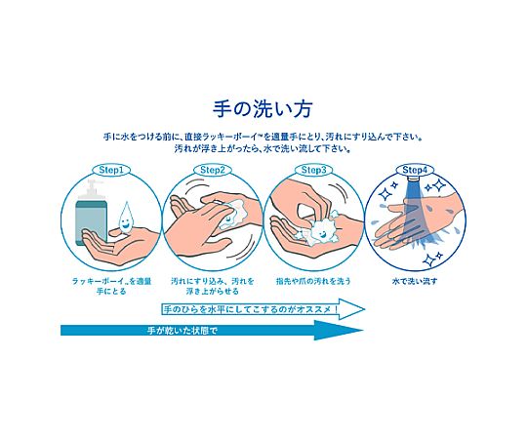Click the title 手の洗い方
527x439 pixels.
click(263, 108)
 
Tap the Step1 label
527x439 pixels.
click(111, 170)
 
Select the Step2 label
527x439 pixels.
click(213, 170)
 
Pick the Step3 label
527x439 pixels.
click(313, 170)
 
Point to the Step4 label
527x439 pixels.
click(415, 170)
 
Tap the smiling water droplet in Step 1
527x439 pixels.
click(126, 218)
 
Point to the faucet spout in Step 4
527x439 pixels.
click(415, 178)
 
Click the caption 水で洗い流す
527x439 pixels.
click(415, 281)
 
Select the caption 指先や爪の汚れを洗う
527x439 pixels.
click(313, 281)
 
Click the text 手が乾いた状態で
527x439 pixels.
click(182, 331)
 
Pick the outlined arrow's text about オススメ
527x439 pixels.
click(251, 309)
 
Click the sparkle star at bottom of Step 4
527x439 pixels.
click(429, 259)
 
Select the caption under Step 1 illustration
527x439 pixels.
click(111, 286)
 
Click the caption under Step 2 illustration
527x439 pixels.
click(213, 286)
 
